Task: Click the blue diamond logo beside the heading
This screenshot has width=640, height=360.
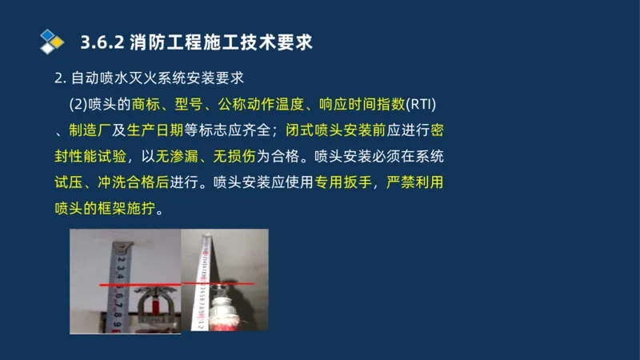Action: pos(52,42)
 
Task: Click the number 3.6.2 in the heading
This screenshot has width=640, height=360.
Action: pos(102,42)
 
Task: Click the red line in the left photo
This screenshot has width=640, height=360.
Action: pos(136,285)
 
